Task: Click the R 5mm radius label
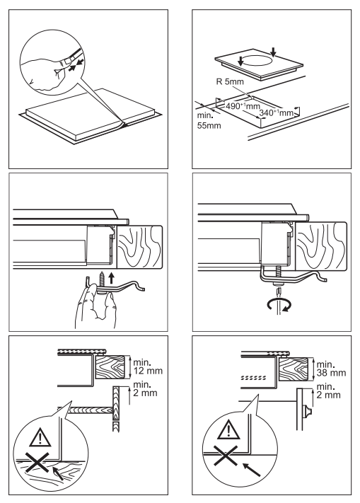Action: (x=230, y=81)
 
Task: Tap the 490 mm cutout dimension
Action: (x=238, y=105)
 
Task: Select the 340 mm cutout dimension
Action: (x=276, y=112)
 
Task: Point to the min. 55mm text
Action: (x=209, y=120)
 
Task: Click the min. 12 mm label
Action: (x=148, y=366)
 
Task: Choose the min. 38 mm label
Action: (x=331, y=369)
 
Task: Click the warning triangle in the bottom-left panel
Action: (x=40, y=437)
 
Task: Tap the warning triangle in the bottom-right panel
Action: (x=228, y=430)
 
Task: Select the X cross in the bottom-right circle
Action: (x=226, y=456)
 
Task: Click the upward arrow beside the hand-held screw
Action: (x=111, y=278)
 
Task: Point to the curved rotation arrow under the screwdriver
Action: (x=279, y=305)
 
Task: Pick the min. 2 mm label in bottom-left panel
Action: (x=145, y=388)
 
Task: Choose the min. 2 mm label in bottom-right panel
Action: (x=329, y=391)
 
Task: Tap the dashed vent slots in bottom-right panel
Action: (x=254, y=377)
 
